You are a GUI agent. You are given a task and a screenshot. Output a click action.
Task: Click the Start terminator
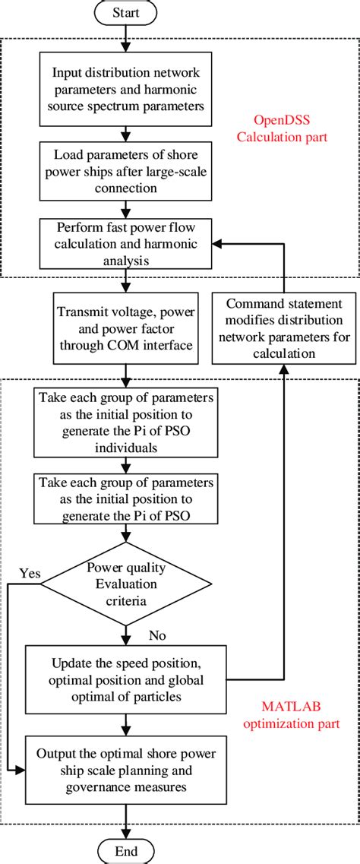pyautogui.click(x=126, y=14)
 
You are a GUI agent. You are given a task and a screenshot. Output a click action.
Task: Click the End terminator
pyautogui.click(x=126, y=850)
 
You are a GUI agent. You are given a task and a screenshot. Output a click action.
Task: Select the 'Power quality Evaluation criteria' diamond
pyautogui.click(x=126, y=583)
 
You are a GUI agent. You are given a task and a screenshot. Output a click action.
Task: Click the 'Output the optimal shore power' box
pyautogui.click(x=126, y=767)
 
